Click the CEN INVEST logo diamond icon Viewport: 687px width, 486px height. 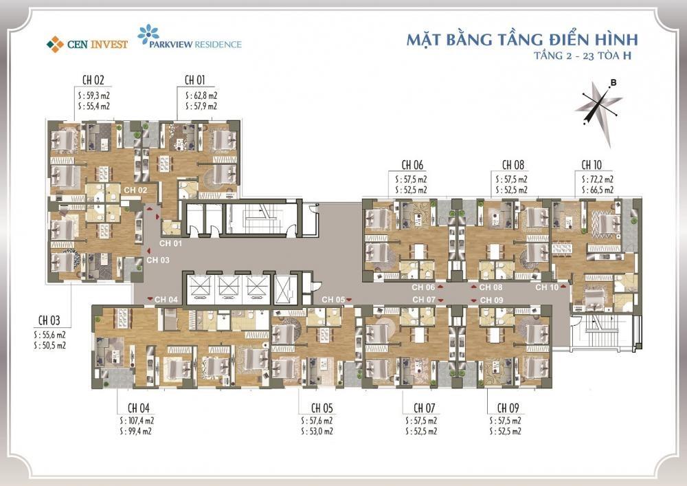point(54,44)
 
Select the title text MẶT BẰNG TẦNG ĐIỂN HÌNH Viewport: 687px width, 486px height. point(522,38)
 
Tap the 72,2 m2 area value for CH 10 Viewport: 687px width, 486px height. point(600,179)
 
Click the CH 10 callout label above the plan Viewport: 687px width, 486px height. point(592,165)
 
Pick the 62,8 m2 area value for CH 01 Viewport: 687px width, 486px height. point(203,95)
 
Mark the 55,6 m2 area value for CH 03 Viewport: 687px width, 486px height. point(54,334)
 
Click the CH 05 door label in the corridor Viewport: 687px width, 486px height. point(333,300)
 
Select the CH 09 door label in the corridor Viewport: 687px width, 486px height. point(492,300)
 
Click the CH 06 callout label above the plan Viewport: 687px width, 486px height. point(412,165)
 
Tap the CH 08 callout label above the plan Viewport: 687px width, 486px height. point(513,165)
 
